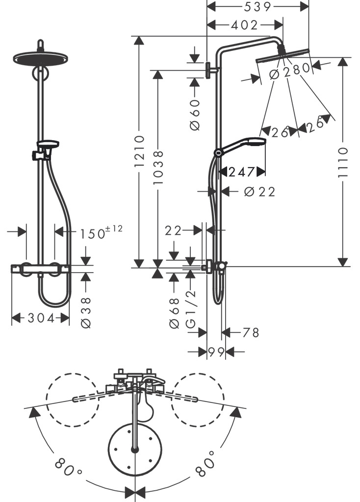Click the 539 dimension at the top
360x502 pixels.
pos(258,6)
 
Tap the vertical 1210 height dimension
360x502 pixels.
pos(139,152)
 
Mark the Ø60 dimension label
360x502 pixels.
pos(195,114)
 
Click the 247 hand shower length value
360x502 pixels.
pos(242,172)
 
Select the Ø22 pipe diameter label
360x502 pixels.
pos(259,192)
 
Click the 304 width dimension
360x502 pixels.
pos(41,318)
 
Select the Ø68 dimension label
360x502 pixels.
pos(174,312)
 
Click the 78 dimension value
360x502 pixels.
pos(251,333)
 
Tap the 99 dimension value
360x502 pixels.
pos(216,351)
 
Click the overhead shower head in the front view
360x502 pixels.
pos(40,57)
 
